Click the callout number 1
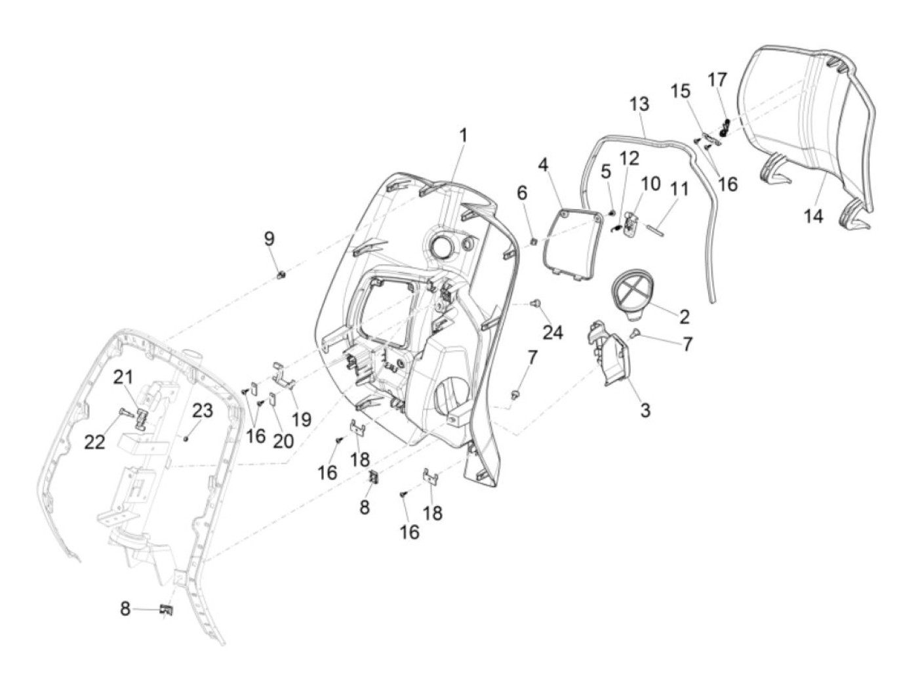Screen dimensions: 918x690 click(x=462, y=136)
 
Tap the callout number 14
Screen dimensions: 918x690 click(x=813, y=217)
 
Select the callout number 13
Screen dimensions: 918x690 click(x=639, y=104)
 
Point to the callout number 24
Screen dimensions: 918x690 click(x=553, y=333)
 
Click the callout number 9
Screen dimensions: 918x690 click(x=269, y=239)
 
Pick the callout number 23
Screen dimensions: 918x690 click(x=203, y=411)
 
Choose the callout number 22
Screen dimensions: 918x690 click(x=94, y=442)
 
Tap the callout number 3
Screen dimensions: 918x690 click(x=646, y=410)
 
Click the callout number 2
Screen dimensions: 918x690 click(x=684, y=317)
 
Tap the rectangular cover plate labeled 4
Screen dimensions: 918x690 click(x=573, y=243)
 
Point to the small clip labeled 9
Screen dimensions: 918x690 click(x=281, y=274)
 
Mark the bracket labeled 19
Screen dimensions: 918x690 click(x=283, y=375)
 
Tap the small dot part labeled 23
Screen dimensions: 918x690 click(x=186, y=438)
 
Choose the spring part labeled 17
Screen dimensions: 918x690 click(x=724, y=127)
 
